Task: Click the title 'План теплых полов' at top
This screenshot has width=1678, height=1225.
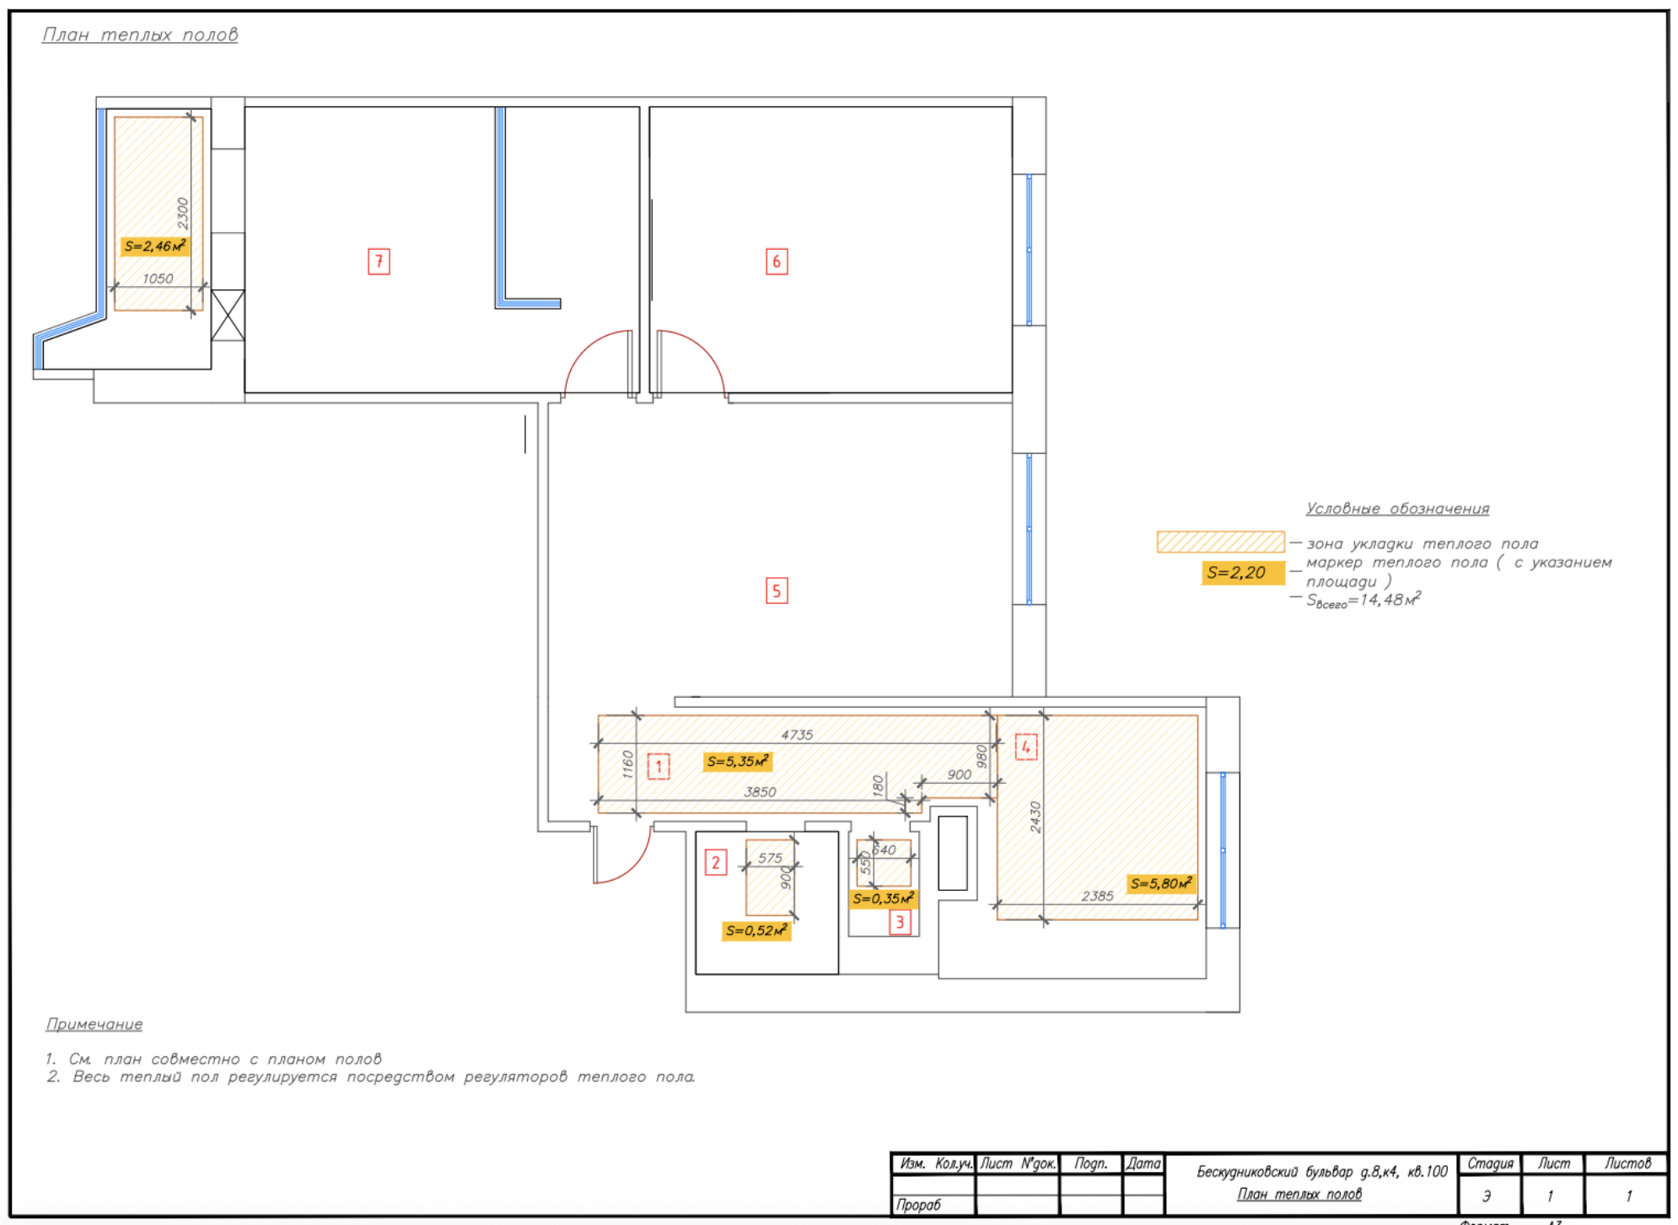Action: [140, 35]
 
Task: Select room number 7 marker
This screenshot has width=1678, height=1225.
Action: [379, 262]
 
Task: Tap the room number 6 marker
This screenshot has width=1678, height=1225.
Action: [777, 262]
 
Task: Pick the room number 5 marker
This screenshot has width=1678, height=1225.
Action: [777, 591]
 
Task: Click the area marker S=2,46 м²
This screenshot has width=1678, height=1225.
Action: [154, 246]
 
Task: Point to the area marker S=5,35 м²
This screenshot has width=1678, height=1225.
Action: [737, 762]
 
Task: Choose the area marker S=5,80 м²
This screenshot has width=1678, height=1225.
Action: [1160, 884]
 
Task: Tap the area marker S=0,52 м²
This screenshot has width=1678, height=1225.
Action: [756, 931]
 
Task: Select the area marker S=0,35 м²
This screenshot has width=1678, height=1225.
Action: [882, 899]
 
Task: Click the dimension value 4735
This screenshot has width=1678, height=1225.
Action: [797, 735]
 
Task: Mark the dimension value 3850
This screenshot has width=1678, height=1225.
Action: [760, 791]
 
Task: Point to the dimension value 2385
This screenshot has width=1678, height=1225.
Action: [1097, 896]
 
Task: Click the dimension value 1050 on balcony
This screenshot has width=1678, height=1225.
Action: [158, 278]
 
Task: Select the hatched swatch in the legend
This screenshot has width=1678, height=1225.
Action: [1220, 542]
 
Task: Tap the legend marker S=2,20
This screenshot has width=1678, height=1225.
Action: [1236, 573]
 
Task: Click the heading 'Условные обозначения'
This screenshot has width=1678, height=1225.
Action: [1397, 509]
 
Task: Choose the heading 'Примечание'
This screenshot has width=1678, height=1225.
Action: [94, 1024]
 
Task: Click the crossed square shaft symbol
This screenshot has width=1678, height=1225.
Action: [228, 316]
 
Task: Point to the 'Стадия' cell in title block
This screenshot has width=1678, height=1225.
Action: [1489, 1163]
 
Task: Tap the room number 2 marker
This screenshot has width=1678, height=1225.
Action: [716, 862]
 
